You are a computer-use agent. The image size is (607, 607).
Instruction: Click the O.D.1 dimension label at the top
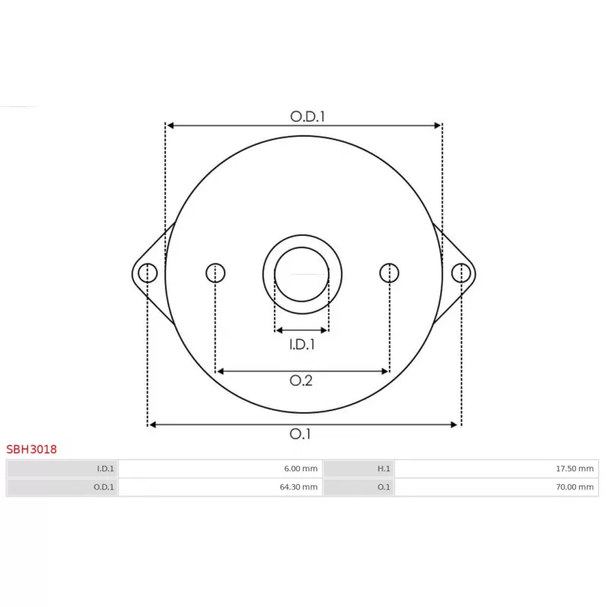click(307, 116)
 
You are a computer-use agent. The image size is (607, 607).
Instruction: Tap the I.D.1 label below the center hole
click(302, 345)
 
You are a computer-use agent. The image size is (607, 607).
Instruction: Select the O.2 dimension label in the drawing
click(301, 381)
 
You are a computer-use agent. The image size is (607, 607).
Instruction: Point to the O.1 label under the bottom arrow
click(301, 434)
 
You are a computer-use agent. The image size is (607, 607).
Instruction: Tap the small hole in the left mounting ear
click(147, 272)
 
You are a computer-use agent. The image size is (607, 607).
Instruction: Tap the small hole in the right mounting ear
click(461, 272)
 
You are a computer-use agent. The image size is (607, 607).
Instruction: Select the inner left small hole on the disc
click(215, 272)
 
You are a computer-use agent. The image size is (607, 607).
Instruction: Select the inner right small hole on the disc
click(389, 272)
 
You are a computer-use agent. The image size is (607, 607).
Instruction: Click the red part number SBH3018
click(32, 449)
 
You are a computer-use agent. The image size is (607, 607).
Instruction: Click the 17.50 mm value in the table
click(574, 469)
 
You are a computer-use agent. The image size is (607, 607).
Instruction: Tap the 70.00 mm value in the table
click(574, 487)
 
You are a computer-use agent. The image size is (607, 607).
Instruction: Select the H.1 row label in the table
click(383, 469)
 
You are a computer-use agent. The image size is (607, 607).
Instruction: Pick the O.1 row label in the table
click(384, 487)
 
